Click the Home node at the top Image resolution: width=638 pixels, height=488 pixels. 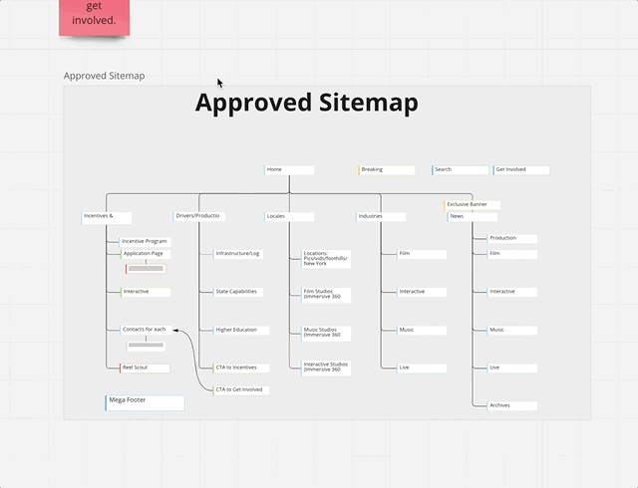tap(289, 169)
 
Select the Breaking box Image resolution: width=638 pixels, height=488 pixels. tap(386, 169)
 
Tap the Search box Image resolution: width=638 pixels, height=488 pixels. tap(460, 169)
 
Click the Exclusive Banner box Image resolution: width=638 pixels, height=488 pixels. tap(473, 204)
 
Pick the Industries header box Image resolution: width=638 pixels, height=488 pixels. tap(381, 216)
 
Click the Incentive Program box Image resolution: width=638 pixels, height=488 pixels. tap(145, 241)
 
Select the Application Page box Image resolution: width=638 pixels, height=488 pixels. tap(145, 254)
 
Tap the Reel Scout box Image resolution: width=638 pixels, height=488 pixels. tap(145, 367)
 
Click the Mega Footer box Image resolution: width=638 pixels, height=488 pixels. tap(145, 402)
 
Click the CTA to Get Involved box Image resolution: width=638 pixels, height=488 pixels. tap(240, 389)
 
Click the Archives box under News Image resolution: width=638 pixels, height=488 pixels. tap(512, 405)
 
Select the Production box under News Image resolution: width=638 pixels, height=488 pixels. tap(512, 238)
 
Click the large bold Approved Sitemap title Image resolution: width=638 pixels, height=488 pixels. tap(306, 103)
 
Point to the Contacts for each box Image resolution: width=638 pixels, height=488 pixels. tap(145, 329)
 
